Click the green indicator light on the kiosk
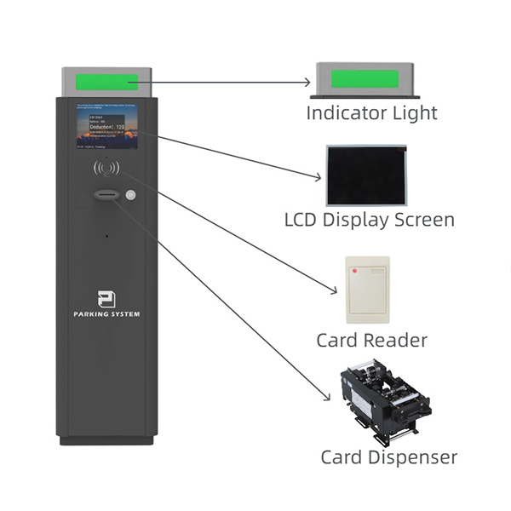point(106,83)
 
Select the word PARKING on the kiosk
point(91,314)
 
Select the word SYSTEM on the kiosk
point(124,314)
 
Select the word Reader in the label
point(396,341)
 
